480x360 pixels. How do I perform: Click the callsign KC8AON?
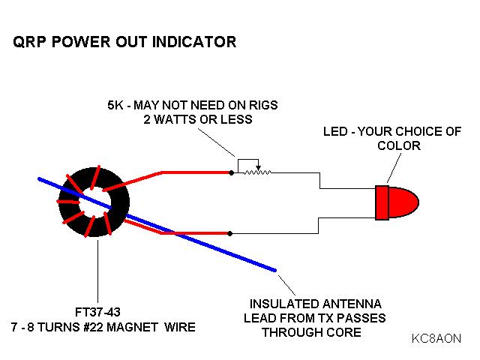(x=436, y=338)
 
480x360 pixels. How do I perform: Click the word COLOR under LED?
(x=399, y=145)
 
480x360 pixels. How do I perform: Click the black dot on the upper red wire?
(x=231, y=172)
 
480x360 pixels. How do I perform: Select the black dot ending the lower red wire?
(x=231, y=232)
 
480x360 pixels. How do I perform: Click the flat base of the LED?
(x=382, y=202)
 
